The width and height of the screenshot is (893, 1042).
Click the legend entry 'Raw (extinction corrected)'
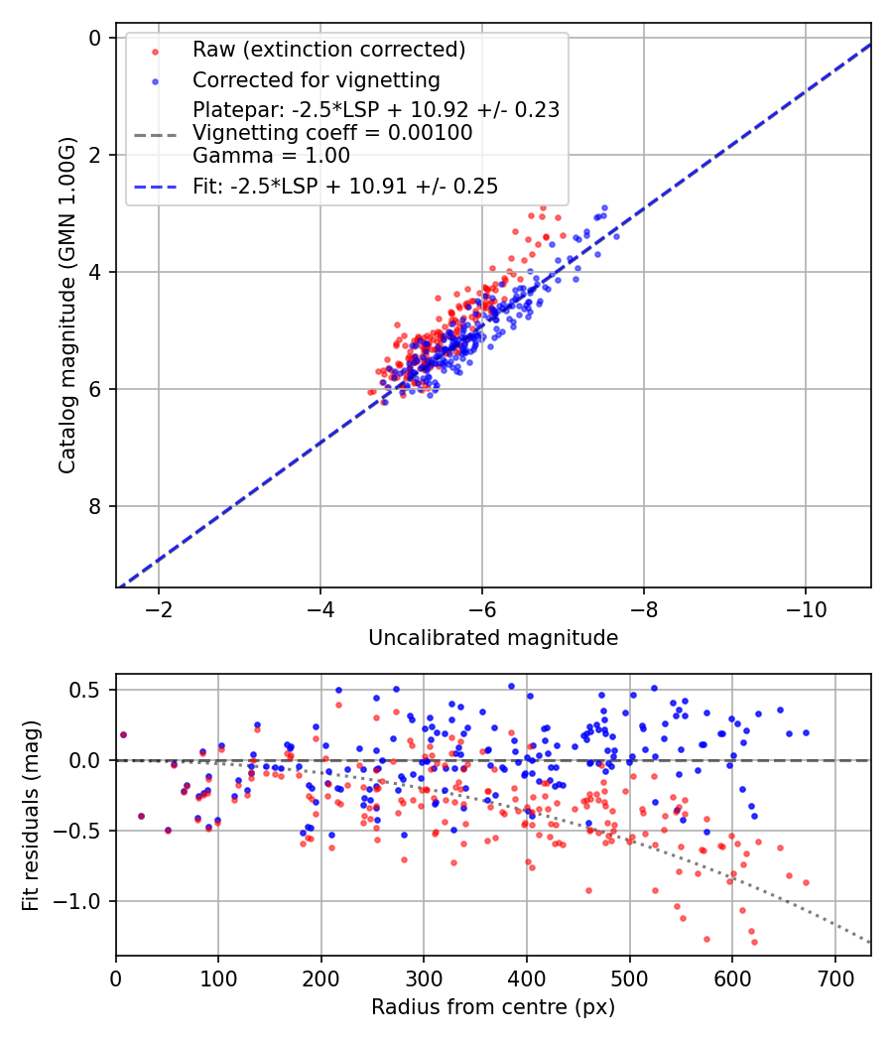pos(328,50)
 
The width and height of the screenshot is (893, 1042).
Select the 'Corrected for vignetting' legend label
pos(316,79)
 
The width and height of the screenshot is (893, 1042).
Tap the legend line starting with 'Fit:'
pos(345,186)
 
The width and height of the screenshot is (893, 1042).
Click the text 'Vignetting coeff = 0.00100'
pos(332,133)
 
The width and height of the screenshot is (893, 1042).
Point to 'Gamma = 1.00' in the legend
pos(271,155)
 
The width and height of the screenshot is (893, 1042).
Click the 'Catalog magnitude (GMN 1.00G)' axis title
pos(66,304)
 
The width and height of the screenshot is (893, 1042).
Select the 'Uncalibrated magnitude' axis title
pos(493,638)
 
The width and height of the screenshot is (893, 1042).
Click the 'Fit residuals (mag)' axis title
pos(31,815)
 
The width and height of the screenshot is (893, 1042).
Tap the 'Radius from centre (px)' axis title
pos(493,1007)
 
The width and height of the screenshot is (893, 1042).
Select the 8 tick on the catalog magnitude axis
pos(95,506)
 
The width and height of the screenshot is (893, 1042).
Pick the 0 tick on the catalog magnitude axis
pos(95,38)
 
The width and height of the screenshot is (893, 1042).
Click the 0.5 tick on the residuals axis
pos(89,690)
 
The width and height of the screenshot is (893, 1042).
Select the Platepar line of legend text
pos(376,110)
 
